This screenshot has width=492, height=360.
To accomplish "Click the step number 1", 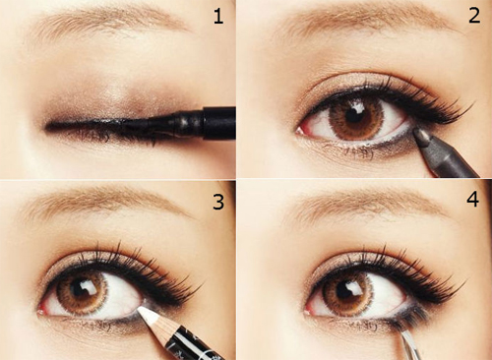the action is point(218,17).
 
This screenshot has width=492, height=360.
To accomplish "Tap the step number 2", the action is point(474,16).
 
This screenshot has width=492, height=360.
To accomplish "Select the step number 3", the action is point(218,202).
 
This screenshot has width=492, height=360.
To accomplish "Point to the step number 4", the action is point(472,200).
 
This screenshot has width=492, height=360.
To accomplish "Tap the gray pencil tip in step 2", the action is point(419,134).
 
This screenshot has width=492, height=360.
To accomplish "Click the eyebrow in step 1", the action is point(108,20).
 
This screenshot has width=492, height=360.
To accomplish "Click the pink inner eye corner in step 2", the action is point(301,131).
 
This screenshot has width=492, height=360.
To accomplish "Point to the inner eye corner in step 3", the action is point(41,311).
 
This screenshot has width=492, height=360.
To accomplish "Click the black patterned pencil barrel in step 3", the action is point(194,342).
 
